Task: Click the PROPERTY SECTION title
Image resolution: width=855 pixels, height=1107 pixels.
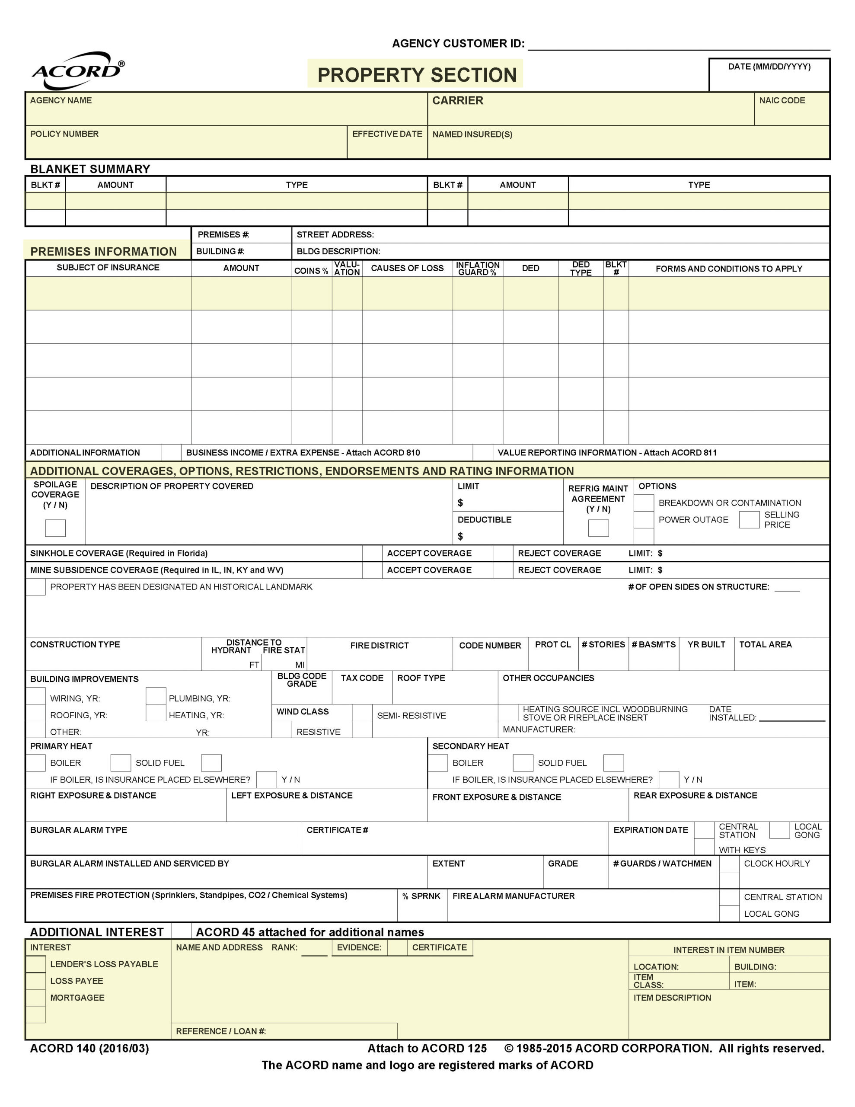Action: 417,75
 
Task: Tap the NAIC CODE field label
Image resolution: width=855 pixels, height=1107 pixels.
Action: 782,100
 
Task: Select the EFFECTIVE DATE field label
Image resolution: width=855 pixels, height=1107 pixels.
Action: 387,134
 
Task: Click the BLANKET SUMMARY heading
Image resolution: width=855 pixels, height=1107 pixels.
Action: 90,169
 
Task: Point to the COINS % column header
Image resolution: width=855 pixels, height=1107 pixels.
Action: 311,271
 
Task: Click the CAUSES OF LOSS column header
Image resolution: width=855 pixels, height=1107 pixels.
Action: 407,268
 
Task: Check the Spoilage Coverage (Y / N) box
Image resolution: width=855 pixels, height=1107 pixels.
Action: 55,528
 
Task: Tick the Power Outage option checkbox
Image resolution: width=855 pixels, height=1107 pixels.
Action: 644,519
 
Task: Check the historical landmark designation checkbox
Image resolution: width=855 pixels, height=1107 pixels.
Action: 36,587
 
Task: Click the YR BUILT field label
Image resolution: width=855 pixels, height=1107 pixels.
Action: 706,644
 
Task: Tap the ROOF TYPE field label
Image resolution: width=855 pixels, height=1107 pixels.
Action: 421,678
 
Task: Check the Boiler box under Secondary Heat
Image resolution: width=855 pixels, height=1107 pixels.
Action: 438,763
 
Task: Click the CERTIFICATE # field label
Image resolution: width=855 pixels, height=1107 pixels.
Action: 337,830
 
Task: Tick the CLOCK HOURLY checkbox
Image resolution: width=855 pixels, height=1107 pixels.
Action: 729,863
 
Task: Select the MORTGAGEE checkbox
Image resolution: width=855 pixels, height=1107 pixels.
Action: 36,998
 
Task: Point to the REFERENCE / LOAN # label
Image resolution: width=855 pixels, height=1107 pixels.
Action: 220,1031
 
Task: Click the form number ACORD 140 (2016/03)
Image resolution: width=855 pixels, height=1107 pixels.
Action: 89,1048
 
